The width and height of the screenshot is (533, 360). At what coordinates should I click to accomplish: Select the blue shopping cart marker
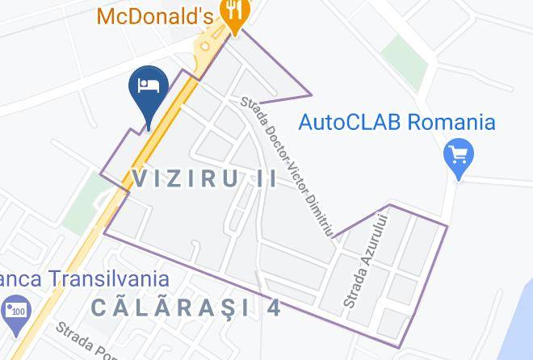click(x=459, y=156)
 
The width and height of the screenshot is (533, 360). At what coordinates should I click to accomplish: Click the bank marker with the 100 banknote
click(x=15, y=312)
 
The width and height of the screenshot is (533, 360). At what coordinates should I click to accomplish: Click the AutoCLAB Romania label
click(x=397, y=123)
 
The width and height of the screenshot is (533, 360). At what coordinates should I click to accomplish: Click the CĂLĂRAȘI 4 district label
click(x=186, y=308)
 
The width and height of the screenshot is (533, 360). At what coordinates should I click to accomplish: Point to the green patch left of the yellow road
click(x=83, y=208)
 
